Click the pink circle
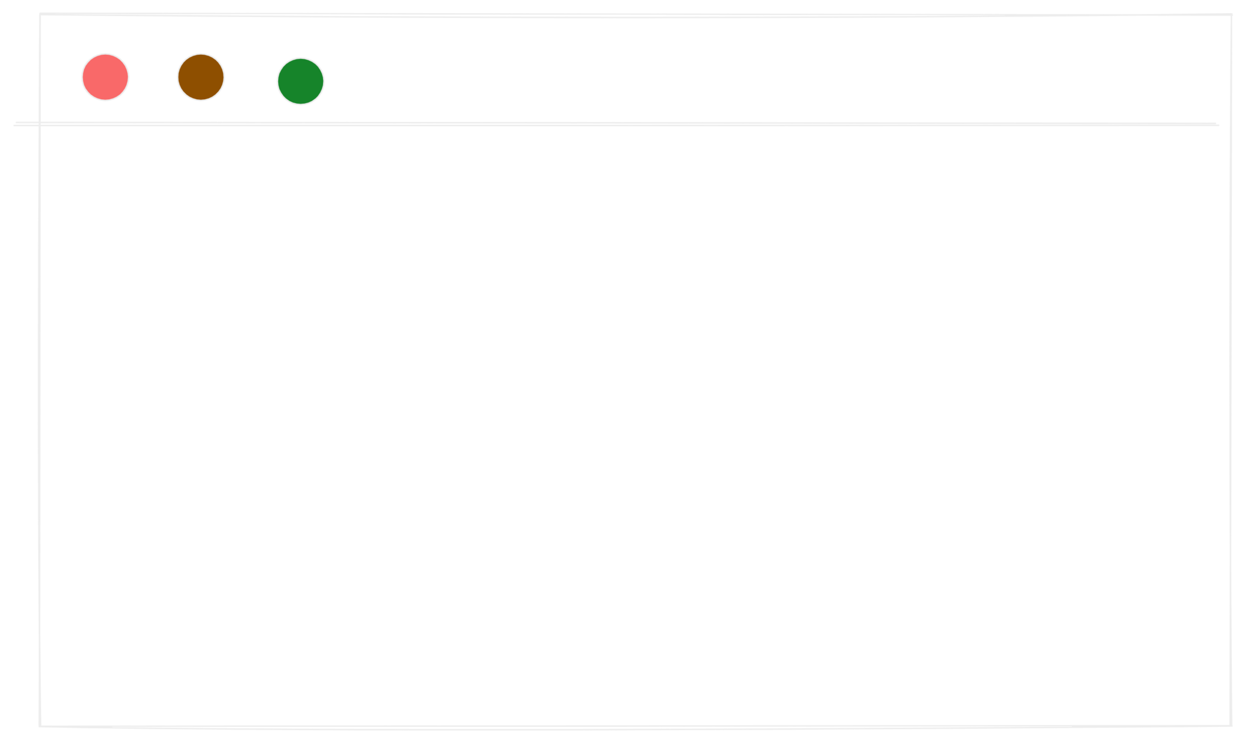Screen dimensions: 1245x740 pyautogui.click(x=105, y=77)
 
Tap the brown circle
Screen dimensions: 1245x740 pyautogui.click(x=201, y=77)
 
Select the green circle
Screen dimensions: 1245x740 pyautogui.click(x=301, y=81)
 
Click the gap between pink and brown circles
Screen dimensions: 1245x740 pyautogui.click(x=153, y=77)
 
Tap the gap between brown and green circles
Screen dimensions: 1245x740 pyautogui.click(x=251, y=79)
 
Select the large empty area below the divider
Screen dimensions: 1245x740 pyautogui.click(x=631, y=428)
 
